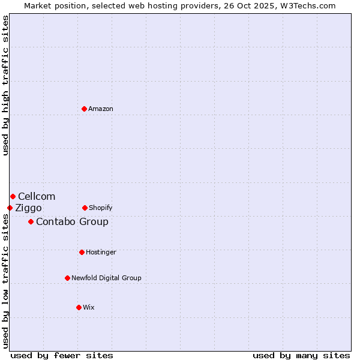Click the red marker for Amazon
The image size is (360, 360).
pos(84,109)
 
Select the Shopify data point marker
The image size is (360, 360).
pos(85,208)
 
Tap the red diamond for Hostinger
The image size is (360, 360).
pos(82,252)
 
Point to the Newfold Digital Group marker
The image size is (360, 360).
pos(67,278)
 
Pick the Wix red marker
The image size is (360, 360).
pos(79,307)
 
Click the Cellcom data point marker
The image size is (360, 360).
pos(13,196)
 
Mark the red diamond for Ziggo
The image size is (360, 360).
pos(10,208)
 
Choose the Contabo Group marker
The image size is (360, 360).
pos(31,221)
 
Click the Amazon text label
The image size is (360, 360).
pos(101,109)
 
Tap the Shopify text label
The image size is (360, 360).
pos(101,208)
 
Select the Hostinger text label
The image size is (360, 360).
pos(101,252)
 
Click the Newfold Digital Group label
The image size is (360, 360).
pos(106,278)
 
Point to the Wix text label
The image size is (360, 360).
pos(89,307)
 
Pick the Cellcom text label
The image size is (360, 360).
pos(37,196)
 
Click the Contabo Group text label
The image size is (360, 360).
pos(72,221)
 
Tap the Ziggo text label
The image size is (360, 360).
pos(28,208)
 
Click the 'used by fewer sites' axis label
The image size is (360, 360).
pos(62,355)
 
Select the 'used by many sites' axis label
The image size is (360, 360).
pos(301,355)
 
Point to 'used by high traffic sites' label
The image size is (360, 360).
pos(5,85)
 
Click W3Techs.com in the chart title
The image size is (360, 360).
pos(306,5)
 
